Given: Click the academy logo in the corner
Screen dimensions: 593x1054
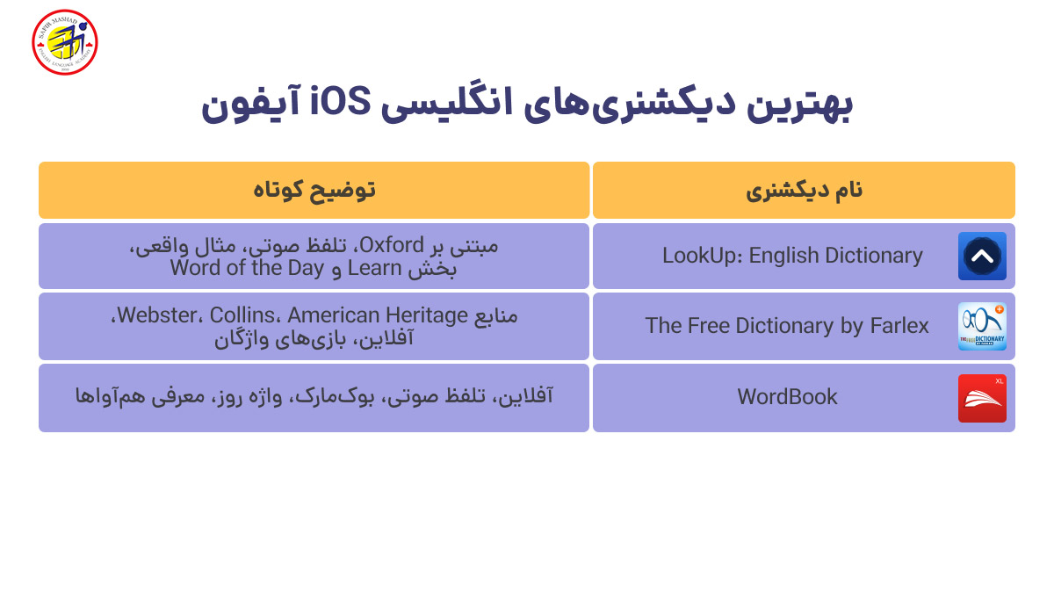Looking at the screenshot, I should pos(64,42).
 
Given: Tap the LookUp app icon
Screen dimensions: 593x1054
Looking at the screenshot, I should pos(982,257).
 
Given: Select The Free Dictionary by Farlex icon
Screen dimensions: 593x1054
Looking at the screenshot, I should pos(982,326).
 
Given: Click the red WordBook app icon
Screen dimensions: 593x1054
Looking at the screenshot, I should pos(982,398).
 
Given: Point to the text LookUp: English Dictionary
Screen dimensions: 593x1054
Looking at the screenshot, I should pos(792,256).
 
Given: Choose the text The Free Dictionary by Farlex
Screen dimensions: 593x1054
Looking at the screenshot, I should pos(786,326).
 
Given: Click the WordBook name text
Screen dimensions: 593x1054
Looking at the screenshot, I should pos(787,397).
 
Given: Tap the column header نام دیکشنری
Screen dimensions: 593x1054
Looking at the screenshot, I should pos(804,191).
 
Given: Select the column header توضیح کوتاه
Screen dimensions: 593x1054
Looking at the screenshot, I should pos(314,191).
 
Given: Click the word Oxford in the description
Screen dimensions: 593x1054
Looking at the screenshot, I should pos(392,244).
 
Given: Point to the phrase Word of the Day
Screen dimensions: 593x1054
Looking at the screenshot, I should pos(247,267).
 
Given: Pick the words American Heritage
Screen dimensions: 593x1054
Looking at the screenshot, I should pos(379,315).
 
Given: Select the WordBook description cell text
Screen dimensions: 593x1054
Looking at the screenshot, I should pos(314,397).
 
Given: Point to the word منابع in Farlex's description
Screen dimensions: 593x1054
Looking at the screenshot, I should pos(496,315).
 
